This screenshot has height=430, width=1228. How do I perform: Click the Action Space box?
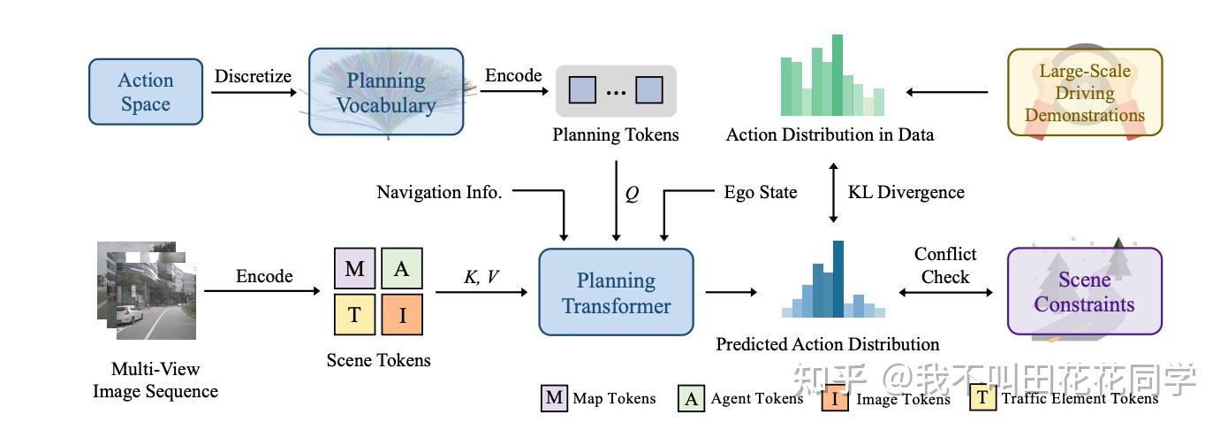coord(146,92)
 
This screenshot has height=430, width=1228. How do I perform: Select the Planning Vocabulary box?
coord(386,92)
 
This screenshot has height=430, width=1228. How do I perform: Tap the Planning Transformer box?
coord(617,293)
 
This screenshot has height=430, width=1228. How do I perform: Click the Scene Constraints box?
coord(1085,292)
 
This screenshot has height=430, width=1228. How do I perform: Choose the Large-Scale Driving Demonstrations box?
coord(1085,92)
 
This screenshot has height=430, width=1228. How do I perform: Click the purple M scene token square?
coord(355,269)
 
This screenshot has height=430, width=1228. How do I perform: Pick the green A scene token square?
coord(402,269)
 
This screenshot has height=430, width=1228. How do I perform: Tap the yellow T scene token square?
coord(355,316)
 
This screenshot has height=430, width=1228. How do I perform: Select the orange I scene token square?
coord(402,316)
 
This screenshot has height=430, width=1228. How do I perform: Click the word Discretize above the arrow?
coord(253,76)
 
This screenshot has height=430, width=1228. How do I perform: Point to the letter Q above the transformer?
coord(632,194)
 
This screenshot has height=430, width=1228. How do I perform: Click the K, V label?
coord(481,277)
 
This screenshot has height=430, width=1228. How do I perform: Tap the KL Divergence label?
coord(906,192)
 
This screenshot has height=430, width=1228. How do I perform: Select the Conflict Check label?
coord(945,265)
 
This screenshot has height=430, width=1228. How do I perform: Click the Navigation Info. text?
coord(439,192)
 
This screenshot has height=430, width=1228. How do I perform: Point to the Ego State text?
coord(761,192)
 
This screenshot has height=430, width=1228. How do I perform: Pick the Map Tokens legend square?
coord(554,398)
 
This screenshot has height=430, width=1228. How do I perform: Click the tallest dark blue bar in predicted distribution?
coord(838,278)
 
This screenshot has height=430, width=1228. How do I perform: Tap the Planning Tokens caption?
coord(616,135)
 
